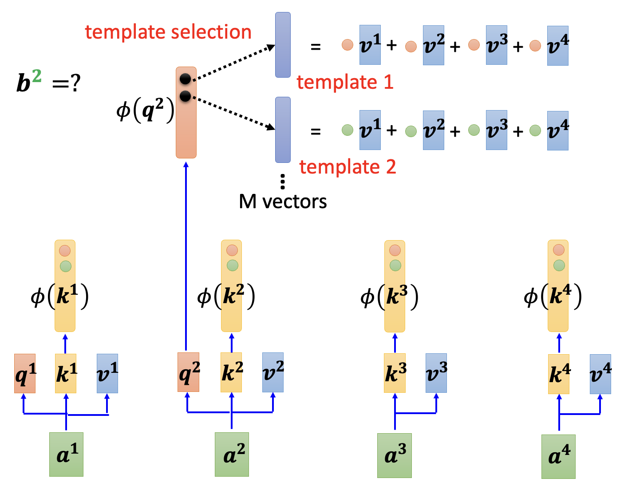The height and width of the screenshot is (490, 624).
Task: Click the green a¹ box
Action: tap(66, 454)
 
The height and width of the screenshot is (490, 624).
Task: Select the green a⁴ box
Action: tap(558, 456)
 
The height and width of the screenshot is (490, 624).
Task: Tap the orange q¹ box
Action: tap(25, 373)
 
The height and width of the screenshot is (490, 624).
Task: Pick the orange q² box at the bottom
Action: tap(188, 372)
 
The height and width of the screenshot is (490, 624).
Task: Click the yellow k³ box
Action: tap(395, 373)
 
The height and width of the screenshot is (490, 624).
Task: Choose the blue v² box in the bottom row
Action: tap(273, 372)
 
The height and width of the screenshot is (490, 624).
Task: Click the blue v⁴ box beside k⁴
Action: tap(600, 374)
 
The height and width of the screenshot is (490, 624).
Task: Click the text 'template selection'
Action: tap(168, 32)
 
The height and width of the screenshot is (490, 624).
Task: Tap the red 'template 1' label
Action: tap(345, 82)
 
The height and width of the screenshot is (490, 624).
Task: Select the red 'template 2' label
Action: tap(348, 167)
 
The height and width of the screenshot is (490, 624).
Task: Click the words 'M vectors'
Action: tap(283, 202)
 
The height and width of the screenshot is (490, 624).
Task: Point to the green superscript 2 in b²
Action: tap(36, 76)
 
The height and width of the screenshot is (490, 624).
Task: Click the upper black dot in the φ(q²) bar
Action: tap(186, 79)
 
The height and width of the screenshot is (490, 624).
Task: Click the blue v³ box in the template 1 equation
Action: tap(497, 45)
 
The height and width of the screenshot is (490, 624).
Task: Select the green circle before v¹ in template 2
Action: tap(348, 130)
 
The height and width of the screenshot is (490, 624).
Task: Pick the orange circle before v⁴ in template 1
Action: tap(535, 45)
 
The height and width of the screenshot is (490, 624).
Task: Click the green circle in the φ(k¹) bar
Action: tap(65, 266)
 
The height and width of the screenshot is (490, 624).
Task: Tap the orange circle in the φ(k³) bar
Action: tap(395, 250)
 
